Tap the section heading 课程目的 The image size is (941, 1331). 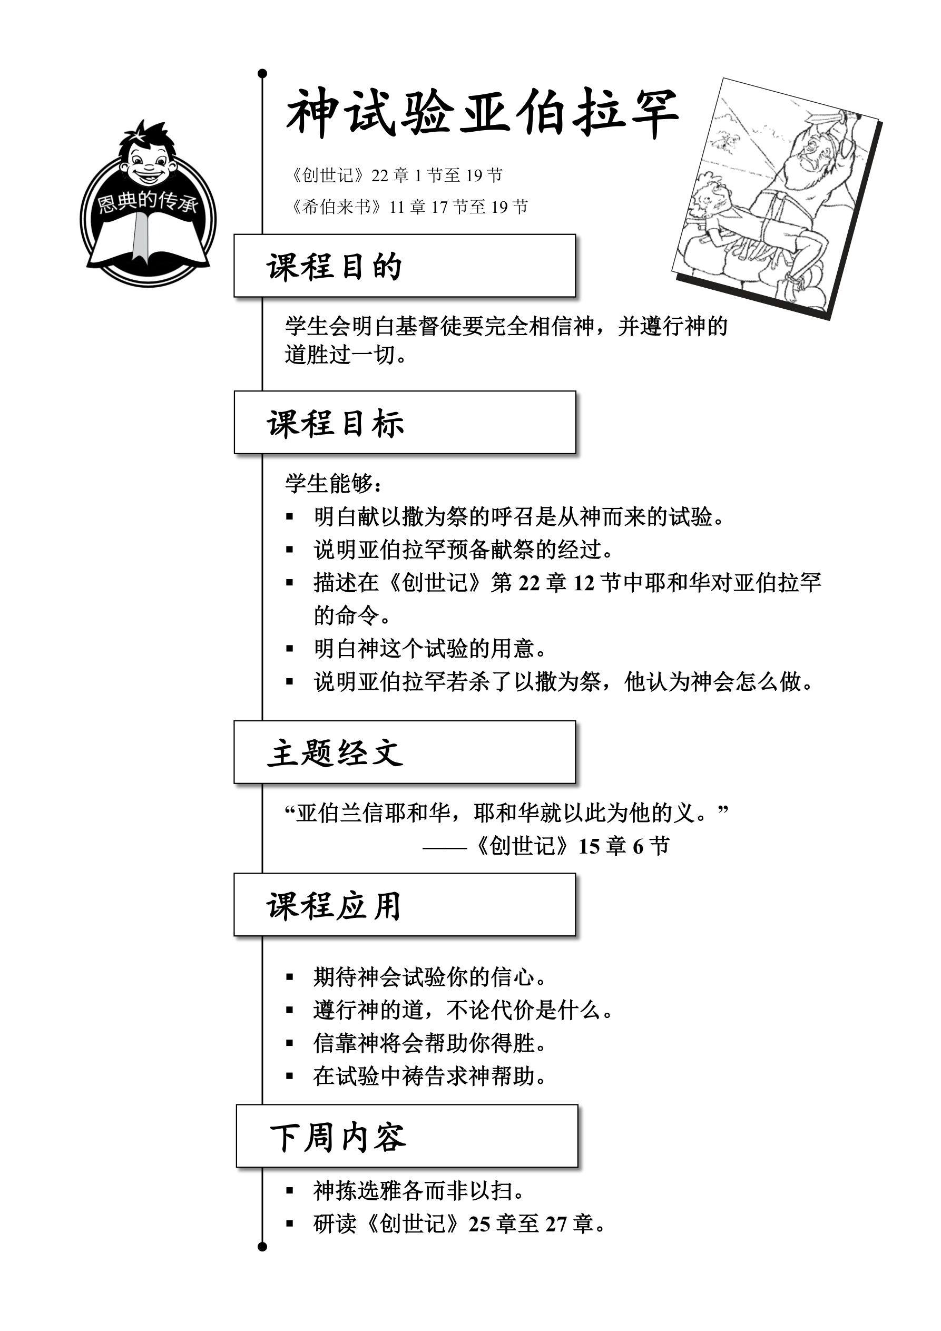(x=335, y=267)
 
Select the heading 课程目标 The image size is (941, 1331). (x=335, y=423)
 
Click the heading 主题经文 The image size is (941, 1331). (x=335, y=753)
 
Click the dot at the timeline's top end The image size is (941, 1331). (x=262, y=74)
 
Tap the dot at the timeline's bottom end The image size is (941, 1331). (x=262, y=1246)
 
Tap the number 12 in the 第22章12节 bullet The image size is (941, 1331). (x=584, y=583)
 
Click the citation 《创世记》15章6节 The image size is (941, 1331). (x=571, y=846)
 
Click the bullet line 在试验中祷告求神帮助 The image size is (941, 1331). (x=429, y=1076)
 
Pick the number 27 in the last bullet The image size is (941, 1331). (x=556, y=1224)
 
